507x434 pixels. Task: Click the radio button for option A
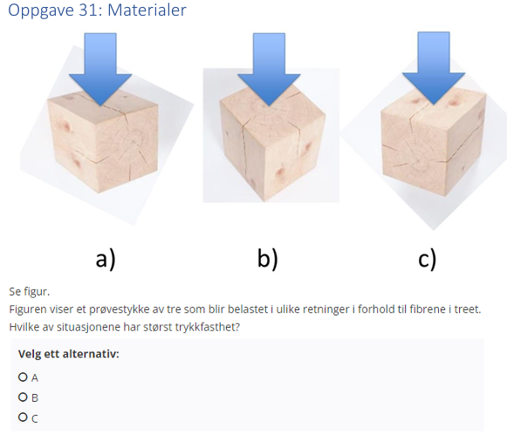22,378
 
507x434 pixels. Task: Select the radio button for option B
22,397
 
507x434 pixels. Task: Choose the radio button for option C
22,417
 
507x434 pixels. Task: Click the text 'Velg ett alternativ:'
68,355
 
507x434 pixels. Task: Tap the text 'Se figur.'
29,292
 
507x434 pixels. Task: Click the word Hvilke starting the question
24,327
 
